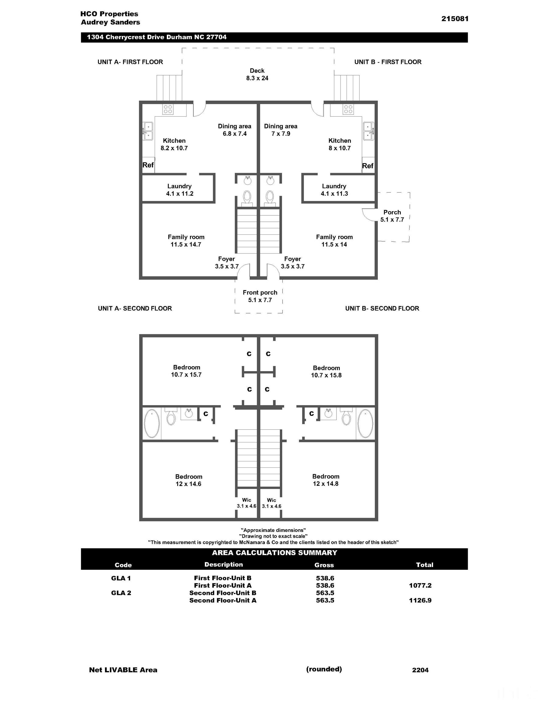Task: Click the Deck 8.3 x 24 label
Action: click(x=257, y=74)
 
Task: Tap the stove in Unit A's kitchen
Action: click(x=168, y=109)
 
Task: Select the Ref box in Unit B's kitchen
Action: click(x=368, y=165)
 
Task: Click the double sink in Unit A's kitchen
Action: click(x=148, y=131)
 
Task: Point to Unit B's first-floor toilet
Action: click(x=269, y=197)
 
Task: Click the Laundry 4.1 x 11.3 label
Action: click(x=334, y=190)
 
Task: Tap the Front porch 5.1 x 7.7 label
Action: click(x=260, y=296)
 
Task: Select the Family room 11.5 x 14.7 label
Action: click(x=186, y=240)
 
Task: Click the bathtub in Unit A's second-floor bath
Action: click(x=152, y=423)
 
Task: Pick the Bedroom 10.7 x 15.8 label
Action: click(x=326, y=371)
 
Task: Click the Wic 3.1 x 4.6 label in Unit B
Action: click(x=271, y=503)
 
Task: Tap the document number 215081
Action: click(x=455, y=19)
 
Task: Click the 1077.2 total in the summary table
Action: click(x=420, y=585)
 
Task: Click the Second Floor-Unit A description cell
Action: click(x=223, y=600)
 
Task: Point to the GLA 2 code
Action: click(x=121, y=593)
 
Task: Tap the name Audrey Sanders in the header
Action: click(x=110, y=22)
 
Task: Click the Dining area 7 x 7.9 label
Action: click(x=280, y=130)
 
